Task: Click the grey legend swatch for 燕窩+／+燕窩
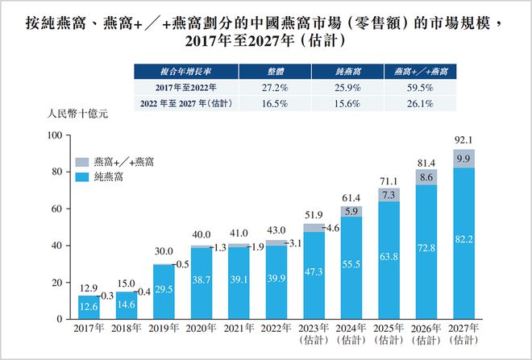83,161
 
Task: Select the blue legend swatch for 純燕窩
83,175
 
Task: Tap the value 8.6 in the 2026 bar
426,176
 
